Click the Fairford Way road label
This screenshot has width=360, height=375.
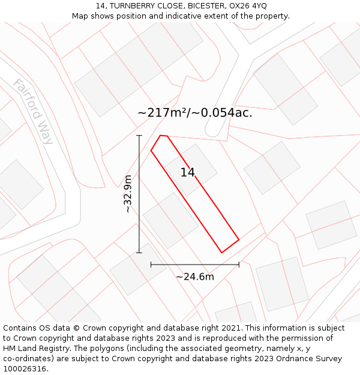[34, 112]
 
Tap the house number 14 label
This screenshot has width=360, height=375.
[187, 173]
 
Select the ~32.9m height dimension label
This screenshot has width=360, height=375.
[127, 194]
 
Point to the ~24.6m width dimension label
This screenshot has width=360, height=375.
[194, 277]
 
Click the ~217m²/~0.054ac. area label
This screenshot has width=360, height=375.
[194, 113]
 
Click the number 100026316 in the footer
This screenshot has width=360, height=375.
[25, 368]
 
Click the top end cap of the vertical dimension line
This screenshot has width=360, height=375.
[139, 136]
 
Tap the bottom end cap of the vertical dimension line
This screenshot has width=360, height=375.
[139, 253]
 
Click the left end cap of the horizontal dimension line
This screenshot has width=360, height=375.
[151, 264]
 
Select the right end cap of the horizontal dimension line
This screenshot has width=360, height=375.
[239, 264]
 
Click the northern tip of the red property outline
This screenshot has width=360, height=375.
[161, 136]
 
